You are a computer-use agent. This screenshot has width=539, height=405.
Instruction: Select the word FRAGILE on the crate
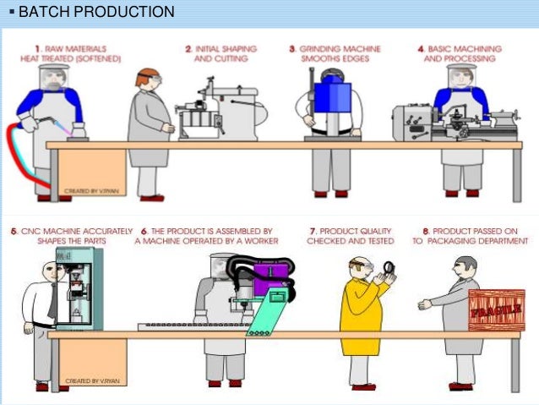pos(495,313)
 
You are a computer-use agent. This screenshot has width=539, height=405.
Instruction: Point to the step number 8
pos(415,229)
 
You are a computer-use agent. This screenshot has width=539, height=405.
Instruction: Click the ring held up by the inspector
pos(389,269)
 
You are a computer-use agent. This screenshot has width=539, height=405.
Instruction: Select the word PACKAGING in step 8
pos(460,240)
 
